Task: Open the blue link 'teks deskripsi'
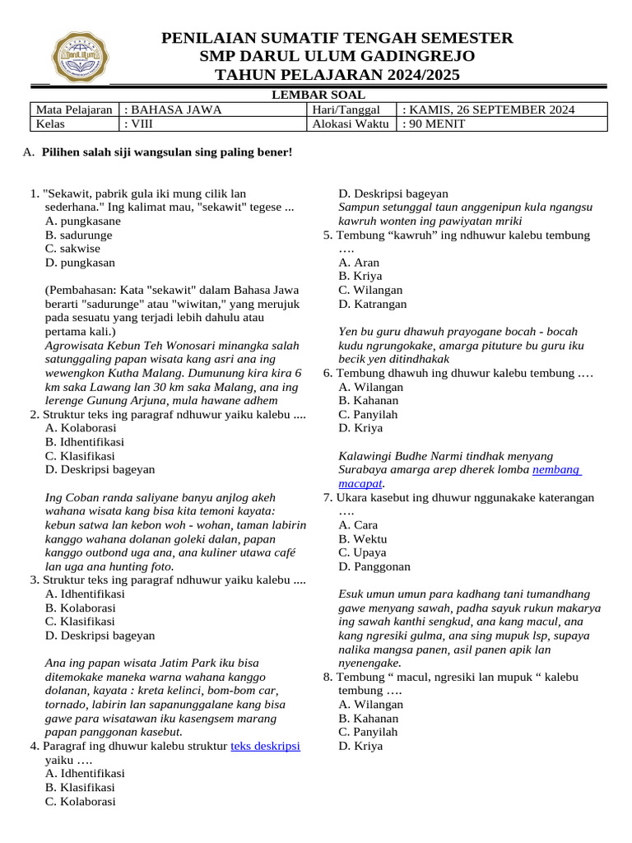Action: [265, 746]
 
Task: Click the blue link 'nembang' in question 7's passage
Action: [556, 469]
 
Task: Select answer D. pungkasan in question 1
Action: [81, 263]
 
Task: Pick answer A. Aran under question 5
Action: [359, 263]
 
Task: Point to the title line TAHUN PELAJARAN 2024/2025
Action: [337, 76]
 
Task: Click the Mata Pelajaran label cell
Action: [73, 109]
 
